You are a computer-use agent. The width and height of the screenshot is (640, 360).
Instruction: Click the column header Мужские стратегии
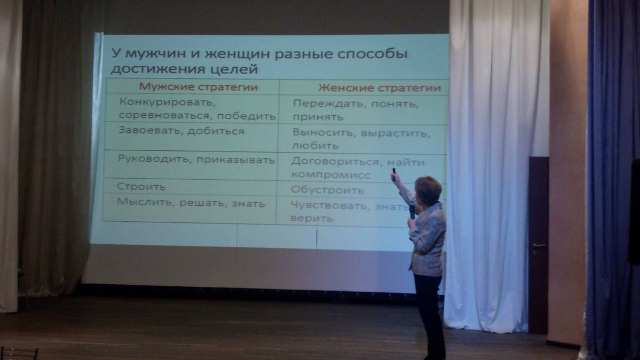point(198,87)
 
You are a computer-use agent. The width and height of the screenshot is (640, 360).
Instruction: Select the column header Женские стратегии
point(380,88)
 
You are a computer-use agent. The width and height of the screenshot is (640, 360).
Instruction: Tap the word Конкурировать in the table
point(167,102)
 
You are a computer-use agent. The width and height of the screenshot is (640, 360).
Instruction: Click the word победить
point(246,116)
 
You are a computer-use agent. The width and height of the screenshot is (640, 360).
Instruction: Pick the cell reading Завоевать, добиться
point(181,131)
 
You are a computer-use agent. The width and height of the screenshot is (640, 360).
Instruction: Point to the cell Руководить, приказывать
point(196,159)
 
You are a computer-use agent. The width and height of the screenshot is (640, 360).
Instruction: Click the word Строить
point(141,187)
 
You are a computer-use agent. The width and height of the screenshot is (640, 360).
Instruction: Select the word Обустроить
point(327,190)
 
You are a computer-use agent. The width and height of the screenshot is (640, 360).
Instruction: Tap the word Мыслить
point(146,203)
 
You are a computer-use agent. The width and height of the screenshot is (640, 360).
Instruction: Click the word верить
point(311,219)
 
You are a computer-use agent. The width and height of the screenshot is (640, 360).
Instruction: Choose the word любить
point(315,146)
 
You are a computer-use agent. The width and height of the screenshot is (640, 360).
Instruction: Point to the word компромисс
point(331,175)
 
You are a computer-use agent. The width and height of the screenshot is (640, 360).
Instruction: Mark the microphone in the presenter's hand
point(412,212)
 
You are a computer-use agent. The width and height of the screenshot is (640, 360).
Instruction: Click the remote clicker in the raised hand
point(394,173)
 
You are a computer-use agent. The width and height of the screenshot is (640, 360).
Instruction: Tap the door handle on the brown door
point(538,245)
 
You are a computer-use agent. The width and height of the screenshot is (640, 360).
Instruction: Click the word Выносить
point(323,133)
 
